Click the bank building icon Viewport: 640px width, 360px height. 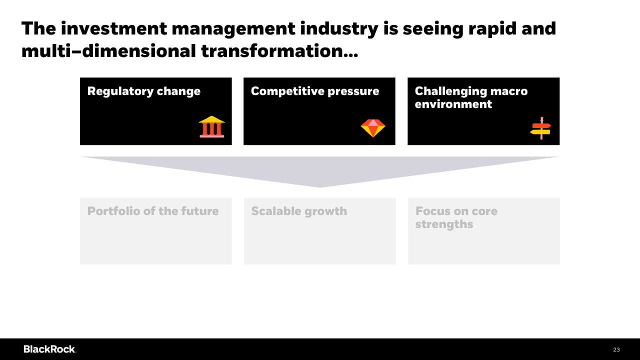click(211, 126)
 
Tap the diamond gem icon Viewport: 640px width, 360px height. click(373, 128)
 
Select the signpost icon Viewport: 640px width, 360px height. click(540, 128)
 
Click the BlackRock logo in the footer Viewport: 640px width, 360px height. click(49, 349)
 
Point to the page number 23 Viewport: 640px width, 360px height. click(616, 349)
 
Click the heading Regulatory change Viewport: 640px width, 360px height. click(143, 91)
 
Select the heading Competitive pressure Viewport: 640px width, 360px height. click(315, 91)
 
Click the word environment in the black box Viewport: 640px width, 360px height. click(453, 104)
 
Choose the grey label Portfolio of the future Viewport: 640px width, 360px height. click(153, 211)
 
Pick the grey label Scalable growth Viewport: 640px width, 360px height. click(299, 211)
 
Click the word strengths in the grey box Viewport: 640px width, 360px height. click(444, 224)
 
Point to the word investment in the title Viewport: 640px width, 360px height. click(114, 28)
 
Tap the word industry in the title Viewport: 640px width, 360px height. click(339, 29)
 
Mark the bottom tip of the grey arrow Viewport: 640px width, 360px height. click(319, 187)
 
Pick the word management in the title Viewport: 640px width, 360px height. click(233, 29)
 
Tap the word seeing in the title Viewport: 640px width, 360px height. click(433, 29)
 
